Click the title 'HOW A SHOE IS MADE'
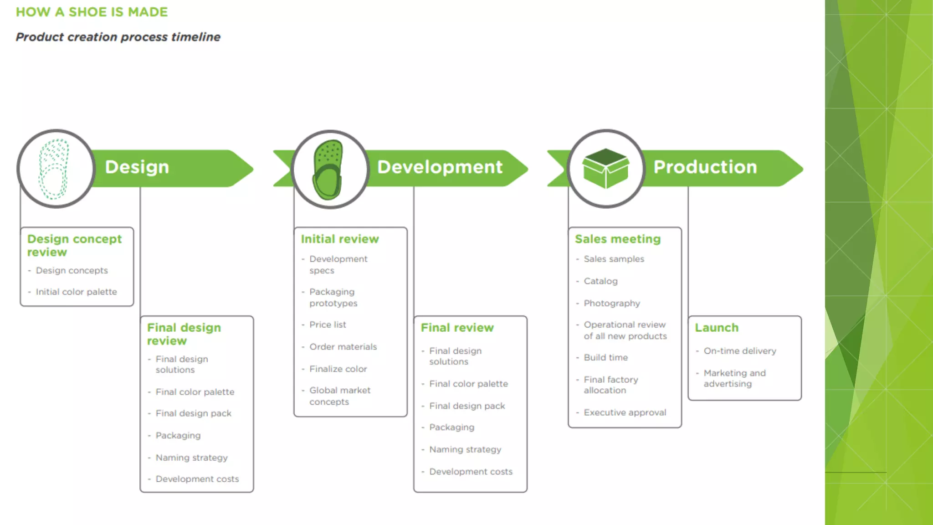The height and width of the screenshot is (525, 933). click(92, 12)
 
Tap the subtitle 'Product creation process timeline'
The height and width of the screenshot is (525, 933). click(118, 37)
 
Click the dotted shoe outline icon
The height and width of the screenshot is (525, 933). click(54, 169)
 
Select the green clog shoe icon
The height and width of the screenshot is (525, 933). click(328, 170)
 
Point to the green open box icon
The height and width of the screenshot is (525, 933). click(605, 168)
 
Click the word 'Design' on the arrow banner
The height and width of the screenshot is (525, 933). click(137, 167)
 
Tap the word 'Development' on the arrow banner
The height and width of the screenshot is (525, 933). click(440, 167)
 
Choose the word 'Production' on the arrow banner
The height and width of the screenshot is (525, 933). click(705, 167)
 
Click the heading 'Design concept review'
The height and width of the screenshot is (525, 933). click(74, 245)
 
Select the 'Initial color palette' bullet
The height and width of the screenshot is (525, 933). click(76, 292)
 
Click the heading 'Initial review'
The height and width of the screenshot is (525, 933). click(339, 239)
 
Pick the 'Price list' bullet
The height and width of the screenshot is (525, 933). click(328, 324)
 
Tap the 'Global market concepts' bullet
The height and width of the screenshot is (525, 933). click(339, 396)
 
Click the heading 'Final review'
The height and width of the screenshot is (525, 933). click(457, 328)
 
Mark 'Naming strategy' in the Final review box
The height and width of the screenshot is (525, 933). click(465, 449)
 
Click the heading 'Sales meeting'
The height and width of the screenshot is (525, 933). click(617, 239)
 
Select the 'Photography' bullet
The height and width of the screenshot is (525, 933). click(611, 303)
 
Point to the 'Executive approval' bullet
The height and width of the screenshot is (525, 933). click(625, 412)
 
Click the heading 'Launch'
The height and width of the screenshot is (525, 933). click(716, 328)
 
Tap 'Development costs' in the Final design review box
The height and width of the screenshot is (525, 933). click(197, 479)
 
